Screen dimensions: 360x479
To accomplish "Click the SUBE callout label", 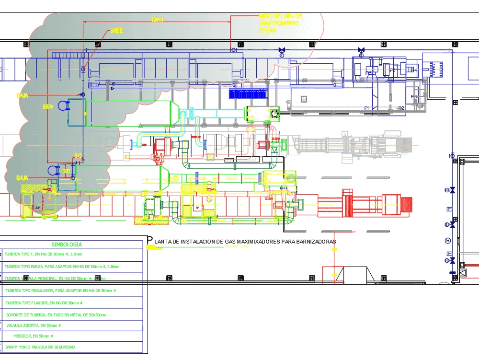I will (116, 31).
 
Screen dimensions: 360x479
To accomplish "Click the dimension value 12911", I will (158, 20).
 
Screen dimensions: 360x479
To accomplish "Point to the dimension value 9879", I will (48, 106).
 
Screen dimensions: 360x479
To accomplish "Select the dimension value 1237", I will (66, 171).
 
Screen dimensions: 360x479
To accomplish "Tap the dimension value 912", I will (78, 155).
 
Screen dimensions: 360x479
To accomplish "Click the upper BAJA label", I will (22, 95).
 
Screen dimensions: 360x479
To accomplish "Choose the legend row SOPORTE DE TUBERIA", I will (56, 315).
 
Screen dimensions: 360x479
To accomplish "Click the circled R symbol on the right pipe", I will (448, 241).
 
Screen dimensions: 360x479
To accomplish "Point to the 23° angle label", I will (38, 208).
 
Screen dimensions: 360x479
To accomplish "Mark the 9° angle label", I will (197, 208).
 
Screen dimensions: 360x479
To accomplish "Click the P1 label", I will (367, 108).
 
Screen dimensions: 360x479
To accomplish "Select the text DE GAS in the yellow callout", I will (268, 30).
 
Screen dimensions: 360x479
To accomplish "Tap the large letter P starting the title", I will (150, 240).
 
